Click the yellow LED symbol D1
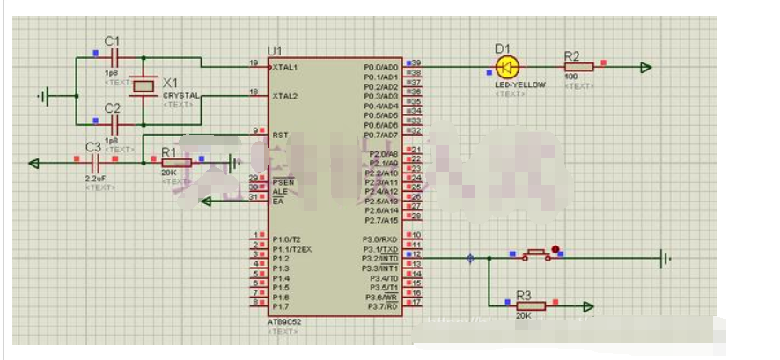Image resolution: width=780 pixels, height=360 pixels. point(508,67)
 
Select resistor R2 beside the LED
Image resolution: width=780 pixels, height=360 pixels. point(579,67)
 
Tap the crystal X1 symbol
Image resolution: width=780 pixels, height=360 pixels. point(143,84)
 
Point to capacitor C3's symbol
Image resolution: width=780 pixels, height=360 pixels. point(97,162)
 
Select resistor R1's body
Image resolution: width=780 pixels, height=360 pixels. point(175,162)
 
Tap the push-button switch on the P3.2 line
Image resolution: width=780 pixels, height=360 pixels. point(533,256)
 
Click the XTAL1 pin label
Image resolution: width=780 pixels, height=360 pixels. point(285,67)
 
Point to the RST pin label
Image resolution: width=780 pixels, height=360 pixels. point(280,135)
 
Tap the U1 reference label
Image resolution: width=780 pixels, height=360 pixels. point(275,51)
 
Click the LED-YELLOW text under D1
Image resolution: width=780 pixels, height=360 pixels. point(515,84)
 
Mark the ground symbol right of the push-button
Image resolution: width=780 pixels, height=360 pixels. point(666,258)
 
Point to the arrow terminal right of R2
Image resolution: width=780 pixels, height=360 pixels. point(646,67)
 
